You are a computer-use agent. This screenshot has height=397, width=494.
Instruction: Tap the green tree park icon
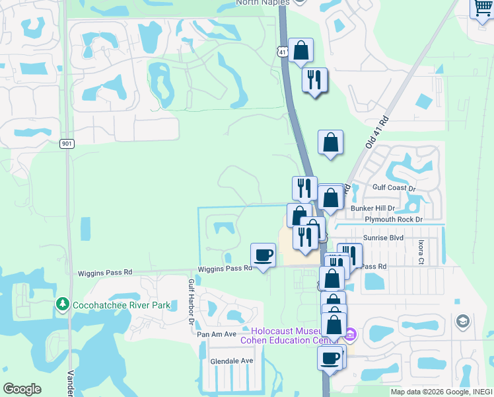(63, 304)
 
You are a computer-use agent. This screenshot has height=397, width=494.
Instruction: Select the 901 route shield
(66, 144)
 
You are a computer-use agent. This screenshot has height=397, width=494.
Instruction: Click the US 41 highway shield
(283, 51)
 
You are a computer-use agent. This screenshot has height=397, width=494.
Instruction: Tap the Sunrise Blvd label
(383, 237)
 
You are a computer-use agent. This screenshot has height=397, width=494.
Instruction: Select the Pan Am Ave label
(216, 334)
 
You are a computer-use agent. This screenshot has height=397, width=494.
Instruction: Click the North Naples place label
(264, 3)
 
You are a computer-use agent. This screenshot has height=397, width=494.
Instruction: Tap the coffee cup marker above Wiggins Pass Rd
(263, 255)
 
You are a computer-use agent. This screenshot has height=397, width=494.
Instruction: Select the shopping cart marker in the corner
(482, 9)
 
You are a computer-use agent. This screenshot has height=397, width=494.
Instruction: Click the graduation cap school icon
(463, 322)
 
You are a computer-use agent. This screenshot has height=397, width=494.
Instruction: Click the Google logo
(22, 389)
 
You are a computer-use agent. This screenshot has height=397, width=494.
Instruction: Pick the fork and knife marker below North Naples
(314, 79)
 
